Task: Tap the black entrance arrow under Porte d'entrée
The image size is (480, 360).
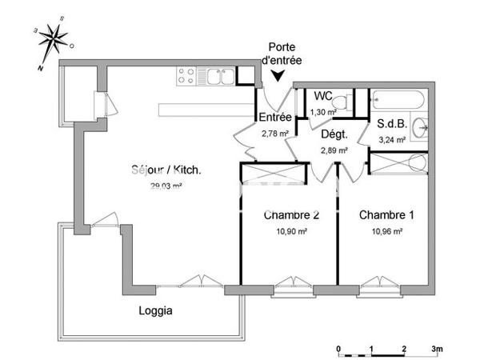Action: [278, 76]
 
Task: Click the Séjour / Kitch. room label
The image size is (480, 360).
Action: [166, 170]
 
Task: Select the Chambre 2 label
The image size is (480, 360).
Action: [292, 215]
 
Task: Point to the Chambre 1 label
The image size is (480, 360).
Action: [386, 215]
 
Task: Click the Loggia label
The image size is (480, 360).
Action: [156, 310]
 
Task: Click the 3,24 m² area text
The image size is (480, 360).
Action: [391, 139]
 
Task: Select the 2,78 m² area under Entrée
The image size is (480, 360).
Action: [274, 134]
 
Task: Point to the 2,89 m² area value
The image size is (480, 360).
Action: [334, 150]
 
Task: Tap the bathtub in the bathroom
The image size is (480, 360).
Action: [402, 102]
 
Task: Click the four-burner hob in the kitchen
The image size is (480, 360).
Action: [187, 76]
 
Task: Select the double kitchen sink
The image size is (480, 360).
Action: [218, 76]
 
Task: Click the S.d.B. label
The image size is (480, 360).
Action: [392, 124]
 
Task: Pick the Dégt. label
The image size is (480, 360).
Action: [334, 134]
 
